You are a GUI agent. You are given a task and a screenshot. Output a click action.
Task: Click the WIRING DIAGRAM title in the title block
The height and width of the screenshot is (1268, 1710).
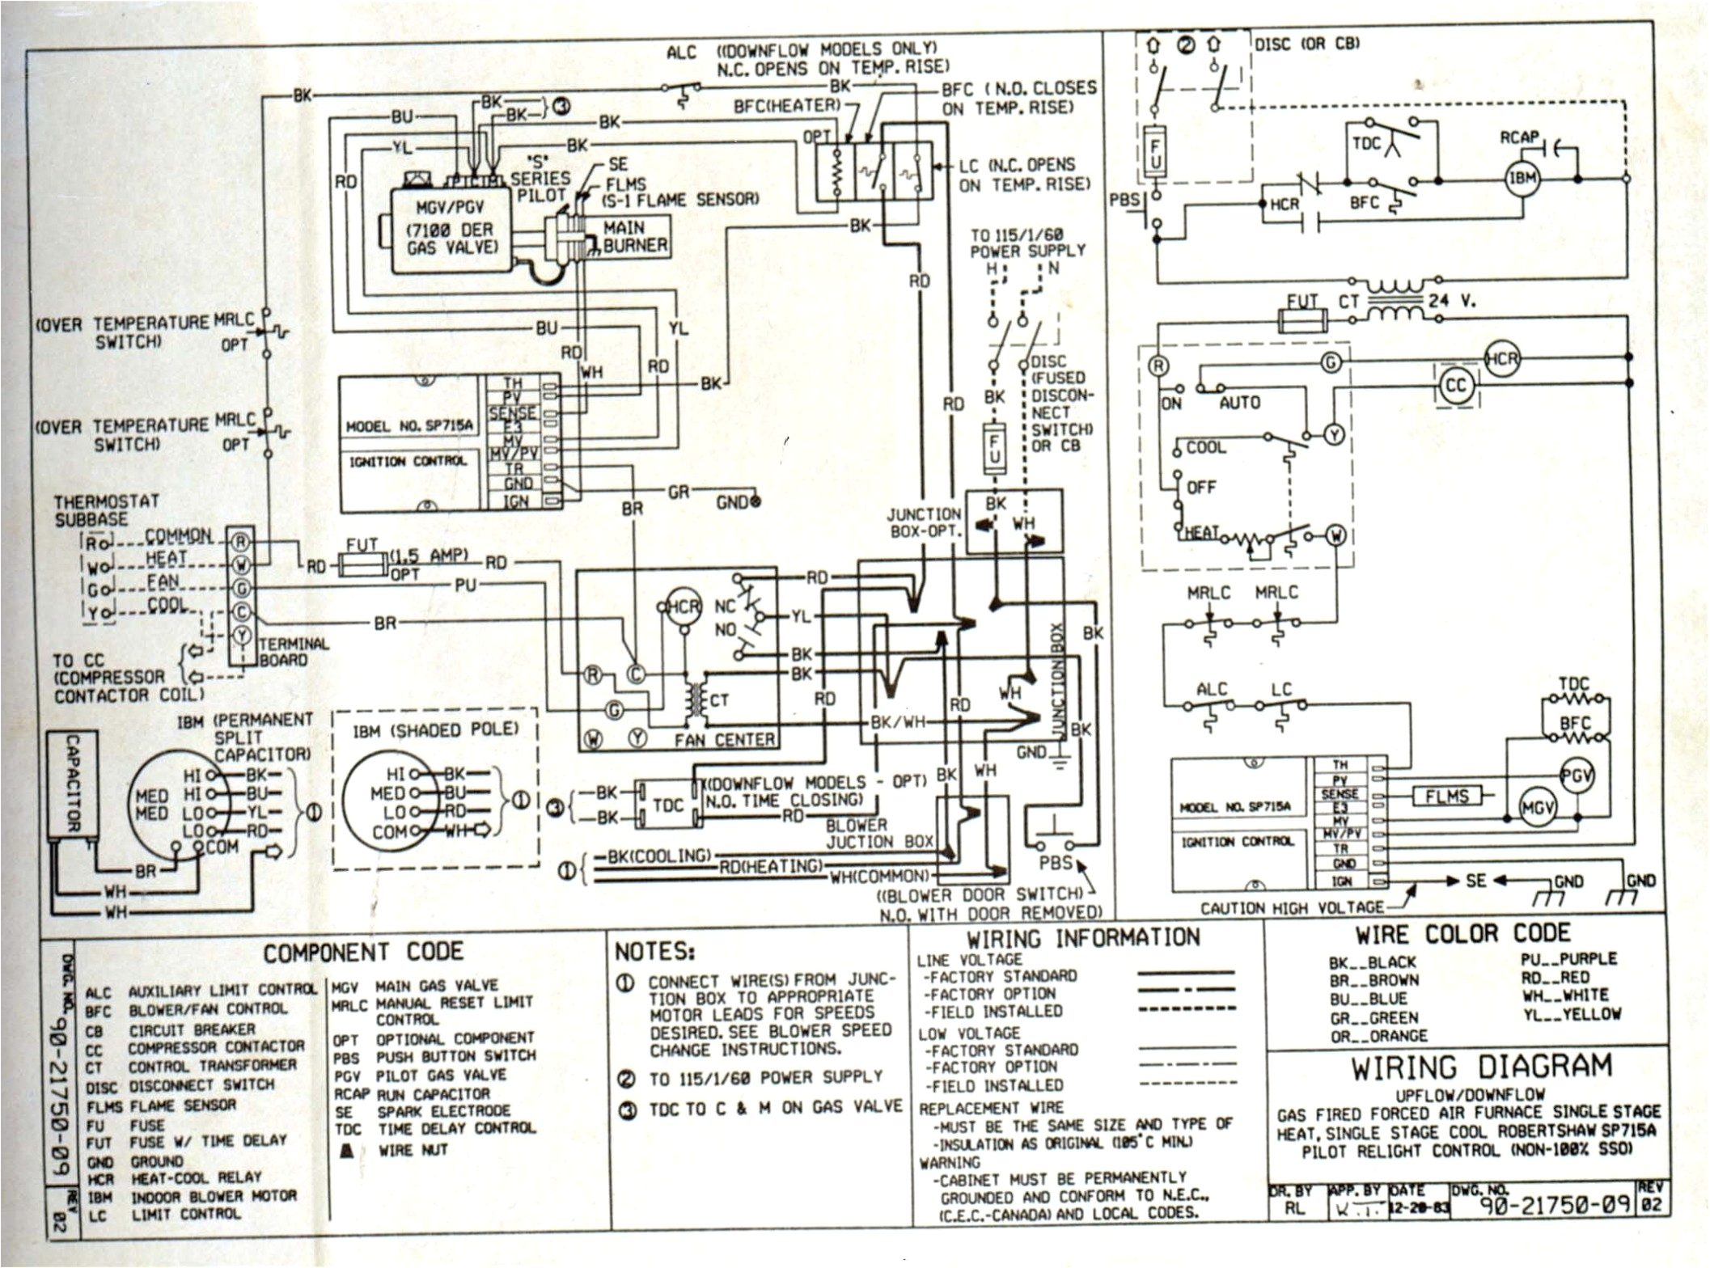tap(1480, 1067)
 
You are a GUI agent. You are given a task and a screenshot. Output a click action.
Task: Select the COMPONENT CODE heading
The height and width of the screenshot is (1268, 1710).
tap(363, 952)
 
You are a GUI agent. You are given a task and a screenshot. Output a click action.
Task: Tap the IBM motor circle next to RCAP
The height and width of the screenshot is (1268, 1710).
tap(1522, 179)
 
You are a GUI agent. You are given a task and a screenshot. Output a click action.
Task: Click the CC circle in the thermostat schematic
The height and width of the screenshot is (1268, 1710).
tap(1455, 386)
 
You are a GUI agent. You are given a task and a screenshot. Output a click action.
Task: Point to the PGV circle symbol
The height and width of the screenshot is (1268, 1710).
tap(1576, 776)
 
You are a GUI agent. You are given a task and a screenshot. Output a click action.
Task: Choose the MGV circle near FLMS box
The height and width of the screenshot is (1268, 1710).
tap(1537, 808)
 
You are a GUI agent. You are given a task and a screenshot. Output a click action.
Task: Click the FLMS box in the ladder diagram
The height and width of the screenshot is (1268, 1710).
tap(1446, 797)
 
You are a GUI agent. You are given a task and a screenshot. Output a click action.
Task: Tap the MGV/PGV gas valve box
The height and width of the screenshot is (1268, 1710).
tap(451, 229)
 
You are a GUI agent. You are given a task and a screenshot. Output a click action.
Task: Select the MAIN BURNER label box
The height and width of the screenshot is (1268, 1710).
tap(635, 236)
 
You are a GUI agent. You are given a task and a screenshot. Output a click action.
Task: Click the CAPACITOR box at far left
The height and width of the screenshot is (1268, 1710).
tap(72, 784)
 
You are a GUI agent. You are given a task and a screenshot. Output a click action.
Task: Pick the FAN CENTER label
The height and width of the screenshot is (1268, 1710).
tap(724, 740)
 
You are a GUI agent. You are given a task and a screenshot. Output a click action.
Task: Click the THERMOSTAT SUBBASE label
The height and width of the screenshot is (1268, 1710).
tap(106, 510)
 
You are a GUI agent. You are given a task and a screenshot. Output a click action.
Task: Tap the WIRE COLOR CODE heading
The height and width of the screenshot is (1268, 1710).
tap(1462, 934)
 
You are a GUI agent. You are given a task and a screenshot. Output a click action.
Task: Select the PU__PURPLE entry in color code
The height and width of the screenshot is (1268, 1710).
tap(1568, 959)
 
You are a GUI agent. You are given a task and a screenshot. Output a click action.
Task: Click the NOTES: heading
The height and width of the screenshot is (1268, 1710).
tap(654, 952)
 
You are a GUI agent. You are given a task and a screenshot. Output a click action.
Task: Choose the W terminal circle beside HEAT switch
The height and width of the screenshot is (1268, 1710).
tap(1336, 535)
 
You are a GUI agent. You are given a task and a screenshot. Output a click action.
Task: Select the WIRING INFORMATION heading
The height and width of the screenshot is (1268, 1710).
tap(1083, 938)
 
